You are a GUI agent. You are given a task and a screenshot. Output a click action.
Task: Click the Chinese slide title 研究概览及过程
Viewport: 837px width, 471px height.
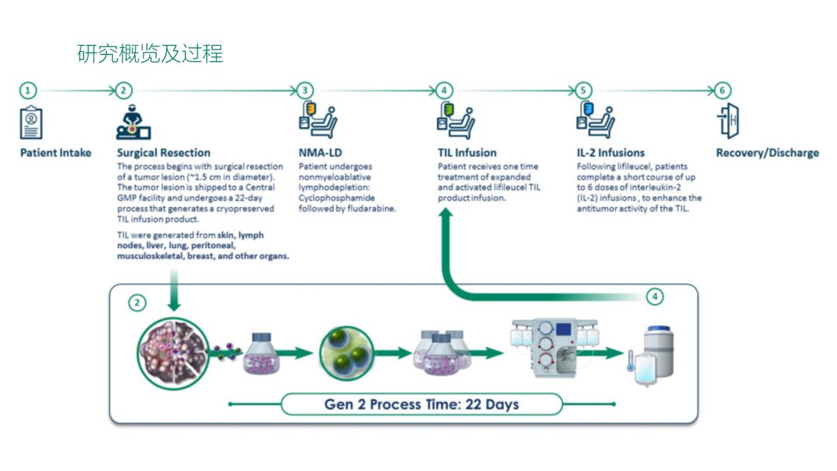point(150,53)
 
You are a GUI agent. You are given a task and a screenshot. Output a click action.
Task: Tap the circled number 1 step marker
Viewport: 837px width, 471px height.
point(28,91)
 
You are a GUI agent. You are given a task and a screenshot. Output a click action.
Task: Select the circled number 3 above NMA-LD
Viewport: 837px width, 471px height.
point(305,91)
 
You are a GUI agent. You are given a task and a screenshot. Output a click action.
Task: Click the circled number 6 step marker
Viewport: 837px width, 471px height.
point(722,91)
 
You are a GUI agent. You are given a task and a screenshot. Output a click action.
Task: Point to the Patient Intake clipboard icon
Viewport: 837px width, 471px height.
point(31,122)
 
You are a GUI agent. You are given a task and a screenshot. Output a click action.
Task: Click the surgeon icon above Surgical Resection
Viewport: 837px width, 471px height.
point(133,122)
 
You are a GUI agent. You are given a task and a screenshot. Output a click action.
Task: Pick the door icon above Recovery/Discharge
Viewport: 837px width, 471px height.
point(728,122)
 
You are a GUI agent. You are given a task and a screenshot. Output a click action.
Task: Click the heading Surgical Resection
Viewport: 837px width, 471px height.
point(164,153)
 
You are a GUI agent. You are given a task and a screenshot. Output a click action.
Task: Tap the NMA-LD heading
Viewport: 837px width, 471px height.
point(322,153)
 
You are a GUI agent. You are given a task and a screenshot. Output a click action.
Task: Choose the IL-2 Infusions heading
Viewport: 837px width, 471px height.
point(611,153)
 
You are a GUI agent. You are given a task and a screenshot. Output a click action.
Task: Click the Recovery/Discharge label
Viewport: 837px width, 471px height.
point(767,153)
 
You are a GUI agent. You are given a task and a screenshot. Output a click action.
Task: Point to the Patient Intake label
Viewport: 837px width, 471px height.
point(56,153)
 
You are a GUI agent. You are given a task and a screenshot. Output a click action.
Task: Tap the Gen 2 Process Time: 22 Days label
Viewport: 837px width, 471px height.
point(421,404)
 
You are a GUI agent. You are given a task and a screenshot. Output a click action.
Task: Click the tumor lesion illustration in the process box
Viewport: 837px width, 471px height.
point(173,352)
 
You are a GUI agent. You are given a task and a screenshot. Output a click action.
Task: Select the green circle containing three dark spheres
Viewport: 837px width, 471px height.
point(346,353)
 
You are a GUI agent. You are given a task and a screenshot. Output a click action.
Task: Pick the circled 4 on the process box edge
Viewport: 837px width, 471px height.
point(655,297)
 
